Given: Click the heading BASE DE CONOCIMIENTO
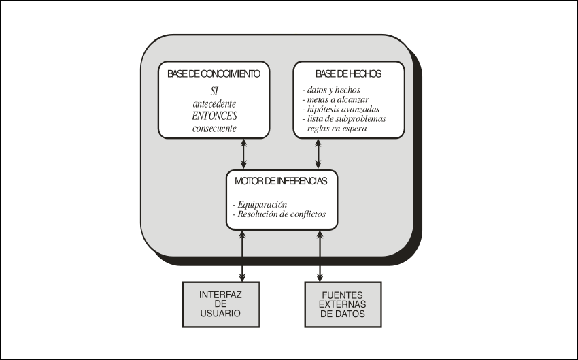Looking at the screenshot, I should pyautogui.click(x=214, y=73).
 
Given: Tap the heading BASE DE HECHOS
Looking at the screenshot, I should pyautogui.click(x=348, y=73).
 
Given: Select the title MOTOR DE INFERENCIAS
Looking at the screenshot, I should pyautogui.click(x=281, y=182).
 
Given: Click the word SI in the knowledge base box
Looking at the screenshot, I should pyautogui.click(x=214, y=91).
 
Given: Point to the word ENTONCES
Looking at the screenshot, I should pyautogui.click(x=214, y=115).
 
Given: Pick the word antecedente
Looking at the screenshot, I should pyautogui.click(x=214, y=103).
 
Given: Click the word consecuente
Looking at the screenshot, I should pyautogui.click(x=214, y=128).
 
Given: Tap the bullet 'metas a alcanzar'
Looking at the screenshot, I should pyautogui.click(x=335, y=99).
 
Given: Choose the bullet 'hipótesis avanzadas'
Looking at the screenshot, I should pyautogui.click(x=340, y=109).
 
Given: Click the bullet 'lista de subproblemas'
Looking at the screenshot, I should pyautogui.click(x=343, y=118).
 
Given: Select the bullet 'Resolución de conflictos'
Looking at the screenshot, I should pyautogui.click(x=279, y=214).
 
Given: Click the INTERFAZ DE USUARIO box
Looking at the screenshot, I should pyautogui.click(x=220, y=304).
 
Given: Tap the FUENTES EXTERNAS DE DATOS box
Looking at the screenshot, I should pyautogui.click(x=343, y=304).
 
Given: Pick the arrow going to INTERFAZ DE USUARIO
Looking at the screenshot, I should pyautogui.click(x=243, y=255).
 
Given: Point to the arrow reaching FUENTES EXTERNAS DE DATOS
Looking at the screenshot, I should pyautogui.click(x=319, y=255).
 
